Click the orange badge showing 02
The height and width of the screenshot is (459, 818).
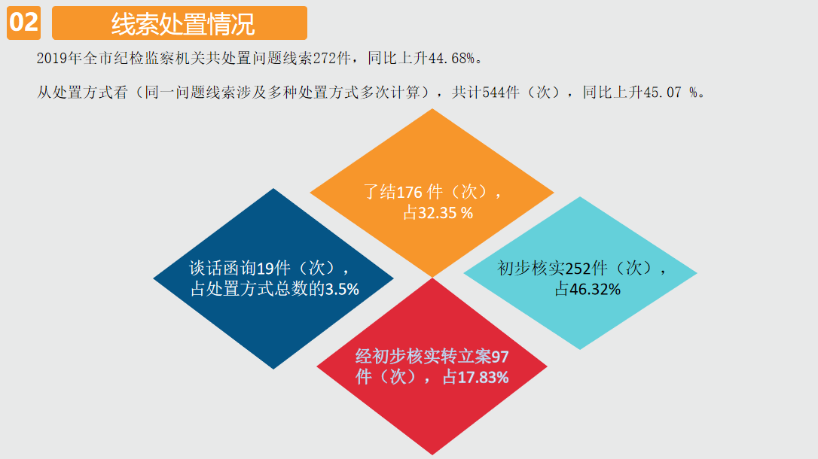tap(23, 23)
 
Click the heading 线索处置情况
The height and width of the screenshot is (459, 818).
tap(182, 24)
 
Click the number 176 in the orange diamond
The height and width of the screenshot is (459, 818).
tap(409, 193)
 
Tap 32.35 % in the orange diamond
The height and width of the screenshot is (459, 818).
tap(445, 213)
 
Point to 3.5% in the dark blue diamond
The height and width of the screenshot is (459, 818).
tap(342, 289)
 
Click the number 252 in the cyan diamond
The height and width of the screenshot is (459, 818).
tap(578, 269)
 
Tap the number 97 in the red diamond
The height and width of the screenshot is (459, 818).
tap(500, 357)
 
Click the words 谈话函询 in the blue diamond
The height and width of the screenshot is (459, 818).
tap(223, 269)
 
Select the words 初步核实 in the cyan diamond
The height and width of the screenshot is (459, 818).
tap(531, 269)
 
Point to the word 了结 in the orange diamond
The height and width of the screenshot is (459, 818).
tap(380, 193)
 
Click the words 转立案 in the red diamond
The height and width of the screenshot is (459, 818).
tap(465, 357)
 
